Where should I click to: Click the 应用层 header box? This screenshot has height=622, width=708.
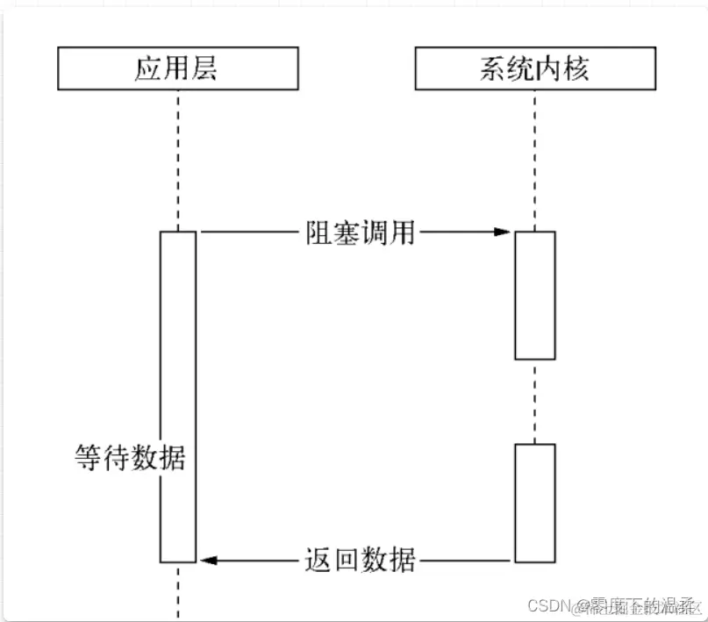tap(176, 69)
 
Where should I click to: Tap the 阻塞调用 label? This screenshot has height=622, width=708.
tap(360, 232)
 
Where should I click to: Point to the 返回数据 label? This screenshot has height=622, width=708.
tap(360, 559)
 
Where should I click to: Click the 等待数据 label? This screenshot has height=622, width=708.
tap(130, 457)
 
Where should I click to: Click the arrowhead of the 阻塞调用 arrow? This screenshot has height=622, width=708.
tap(502, 232)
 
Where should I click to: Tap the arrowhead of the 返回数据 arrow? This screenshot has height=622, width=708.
tap(208, 559)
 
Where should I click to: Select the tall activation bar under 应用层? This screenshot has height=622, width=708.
tap(177, 395)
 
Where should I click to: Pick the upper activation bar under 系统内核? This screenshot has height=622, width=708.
tap(534, 295)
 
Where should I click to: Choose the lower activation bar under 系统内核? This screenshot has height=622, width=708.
tap(534, 502)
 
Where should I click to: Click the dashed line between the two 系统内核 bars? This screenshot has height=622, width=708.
tap(534, 401)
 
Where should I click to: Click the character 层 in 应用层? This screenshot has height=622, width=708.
tap(204, 69)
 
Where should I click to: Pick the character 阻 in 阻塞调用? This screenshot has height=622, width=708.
tap(318, 232)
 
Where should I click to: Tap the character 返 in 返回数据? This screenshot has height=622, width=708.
tap(318, 559)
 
